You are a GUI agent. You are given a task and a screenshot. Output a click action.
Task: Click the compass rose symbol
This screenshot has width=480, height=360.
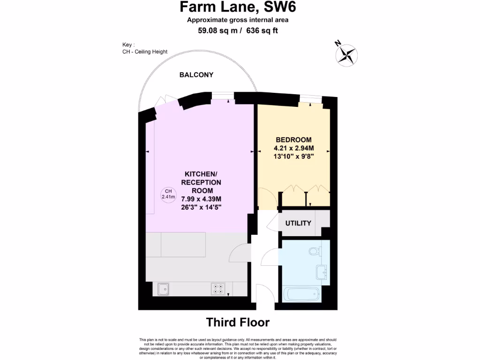(347, 53)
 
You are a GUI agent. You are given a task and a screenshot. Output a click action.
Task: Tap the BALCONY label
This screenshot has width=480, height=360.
(196, 75)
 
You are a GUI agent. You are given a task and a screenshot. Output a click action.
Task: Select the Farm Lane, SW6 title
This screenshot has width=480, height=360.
(238, 7)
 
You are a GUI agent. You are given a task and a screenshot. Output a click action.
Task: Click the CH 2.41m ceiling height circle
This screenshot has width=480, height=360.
(168, 194)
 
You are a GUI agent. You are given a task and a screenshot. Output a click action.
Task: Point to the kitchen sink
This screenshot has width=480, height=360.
(164, 289)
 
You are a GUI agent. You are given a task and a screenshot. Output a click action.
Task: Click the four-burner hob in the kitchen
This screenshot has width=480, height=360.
(217, 289)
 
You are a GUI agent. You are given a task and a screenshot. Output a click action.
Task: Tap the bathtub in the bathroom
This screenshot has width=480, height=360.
(302, 295)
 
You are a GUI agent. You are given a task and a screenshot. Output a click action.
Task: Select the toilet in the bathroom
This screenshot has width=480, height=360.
(315, 251)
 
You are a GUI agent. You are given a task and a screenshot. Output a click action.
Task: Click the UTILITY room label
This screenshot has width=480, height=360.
(298, 223)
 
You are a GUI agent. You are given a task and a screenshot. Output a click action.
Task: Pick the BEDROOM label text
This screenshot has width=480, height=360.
(293, 140)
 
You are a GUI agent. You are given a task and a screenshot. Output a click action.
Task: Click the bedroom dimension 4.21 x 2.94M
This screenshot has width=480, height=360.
(293, 148)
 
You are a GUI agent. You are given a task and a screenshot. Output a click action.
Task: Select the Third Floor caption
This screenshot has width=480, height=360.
(238, 322)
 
